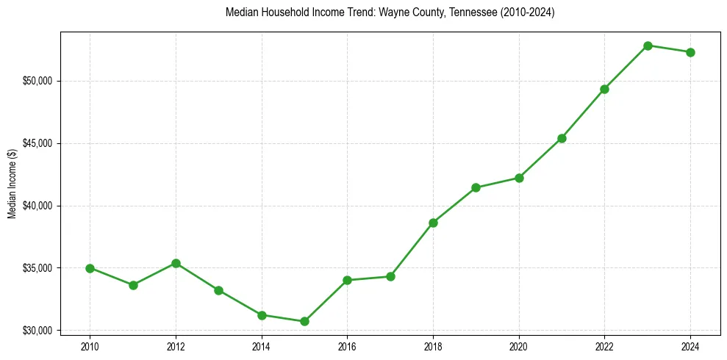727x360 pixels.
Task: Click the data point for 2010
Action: click(90, 268)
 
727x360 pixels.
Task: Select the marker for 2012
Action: click(176, 263)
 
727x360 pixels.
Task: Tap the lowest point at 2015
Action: click(304, 321)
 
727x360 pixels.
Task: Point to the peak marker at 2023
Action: click(648, 46)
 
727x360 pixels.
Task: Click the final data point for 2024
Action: click(690, 52)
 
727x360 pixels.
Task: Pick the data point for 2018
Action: click(433, 223)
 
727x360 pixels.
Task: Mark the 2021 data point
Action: click(562, 138)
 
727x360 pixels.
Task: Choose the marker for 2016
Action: click(347, 280)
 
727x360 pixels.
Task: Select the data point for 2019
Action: click(476, 187)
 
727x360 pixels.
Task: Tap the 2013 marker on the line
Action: click(218, 290)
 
